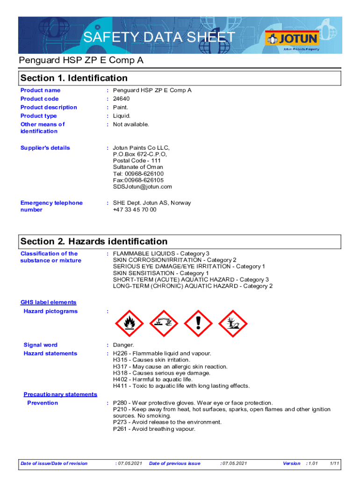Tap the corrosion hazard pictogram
click(x=164, y=321)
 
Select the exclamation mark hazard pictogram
click(x=198, y=321)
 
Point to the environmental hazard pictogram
click(x=233, y=321)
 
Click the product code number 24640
click(x=121, y=99)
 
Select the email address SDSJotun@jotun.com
click(x=142, y=187)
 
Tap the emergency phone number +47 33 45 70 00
click(x=135, y=210)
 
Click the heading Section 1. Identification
click(x=74, y=78)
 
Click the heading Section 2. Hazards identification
click(x=94, y=241)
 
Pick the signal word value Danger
click(x=123, y=345)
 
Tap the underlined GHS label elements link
click(x=48, y=303)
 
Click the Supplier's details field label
click(x=45, y=148)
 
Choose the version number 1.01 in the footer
click(x=312, y=464)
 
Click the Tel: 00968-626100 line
click(x=138, y=174)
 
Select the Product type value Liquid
click(x=122, y=116)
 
